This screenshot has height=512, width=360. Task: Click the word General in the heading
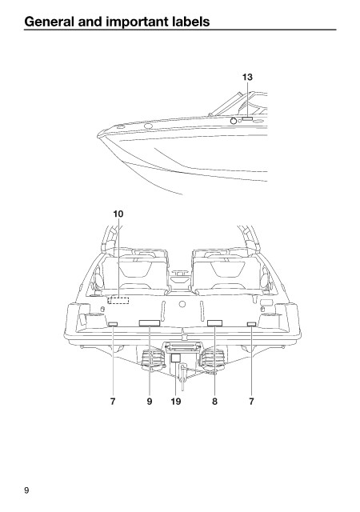point(49,22)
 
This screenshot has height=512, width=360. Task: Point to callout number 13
point(247,77)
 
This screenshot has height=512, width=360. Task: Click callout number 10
point(118,214)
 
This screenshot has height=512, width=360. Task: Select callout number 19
point(176,402)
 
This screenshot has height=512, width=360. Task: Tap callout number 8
point(214,402)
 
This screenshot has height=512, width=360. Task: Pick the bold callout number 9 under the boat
point(150,402)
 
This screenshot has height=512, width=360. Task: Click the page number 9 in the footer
point(26,490)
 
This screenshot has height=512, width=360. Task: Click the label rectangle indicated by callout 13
point(247,119)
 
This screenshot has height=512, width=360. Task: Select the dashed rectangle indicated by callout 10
point(118,300)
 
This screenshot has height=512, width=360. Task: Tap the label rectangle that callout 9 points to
point(150,323)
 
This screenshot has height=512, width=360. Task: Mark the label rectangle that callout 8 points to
point(214,323)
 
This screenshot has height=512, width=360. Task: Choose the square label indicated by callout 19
point(176,358)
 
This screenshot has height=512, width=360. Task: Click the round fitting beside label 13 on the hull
point(234,121)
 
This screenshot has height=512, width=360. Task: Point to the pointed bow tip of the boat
point(98,135)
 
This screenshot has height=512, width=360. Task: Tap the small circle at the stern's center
point(182,304)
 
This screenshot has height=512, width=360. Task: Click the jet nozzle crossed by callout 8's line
point(214,359)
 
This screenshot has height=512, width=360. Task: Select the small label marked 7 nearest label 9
point(113,324)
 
